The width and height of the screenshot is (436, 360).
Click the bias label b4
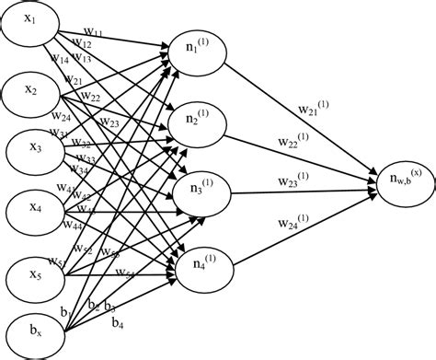[118, 323]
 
